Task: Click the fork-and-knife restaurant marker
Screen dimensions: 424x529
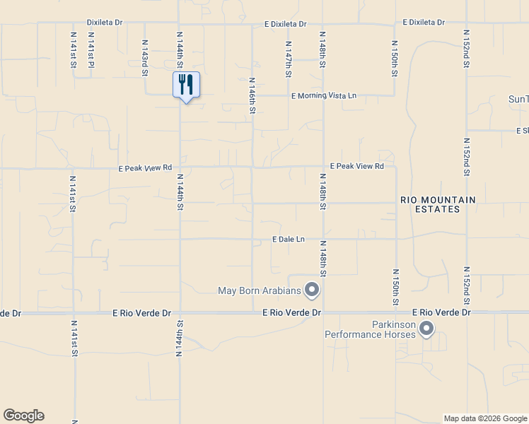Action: coord(186,85)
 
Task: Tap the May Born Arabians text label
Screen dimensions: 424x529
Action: coord(259,290)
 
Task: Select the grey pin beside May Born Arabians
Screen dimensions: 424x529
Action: coord(311,289)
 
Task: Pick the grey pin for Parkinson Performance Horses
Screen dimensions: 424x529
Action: coord(426,328)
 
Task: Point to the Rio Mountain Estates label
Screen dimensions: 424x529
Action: coord(438,205)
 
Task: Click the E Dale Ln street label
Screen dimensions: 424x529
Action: coord(289,240)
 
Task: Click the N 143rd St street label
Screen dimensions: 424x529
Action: coord(144,54)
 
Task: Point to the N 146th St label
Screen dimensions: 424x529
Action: coord(252,95)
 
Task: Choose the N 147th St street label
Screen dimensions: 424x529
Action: coord(289,59)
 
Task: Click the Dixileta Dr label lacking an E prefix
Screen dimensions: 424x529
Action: coord(105,23)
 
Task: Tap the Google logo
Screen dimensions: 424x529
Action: coord(23,416)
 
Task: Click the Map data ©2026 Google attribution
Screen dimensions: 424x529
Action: coord(485,418)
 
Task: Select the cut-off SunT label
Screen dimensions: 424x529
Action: coord(518,99)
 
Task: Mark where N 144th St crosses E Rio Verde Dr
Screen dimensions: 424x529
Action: coord(180,312)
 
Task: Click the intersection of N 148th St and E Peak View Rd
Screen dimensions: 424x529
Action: coord(323,167)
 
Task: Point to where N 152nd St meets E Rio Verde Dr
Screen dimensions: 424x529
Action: coord(466,312)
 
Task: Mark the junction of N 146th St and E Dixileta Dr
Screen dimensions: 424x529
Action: coord(252,23)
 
